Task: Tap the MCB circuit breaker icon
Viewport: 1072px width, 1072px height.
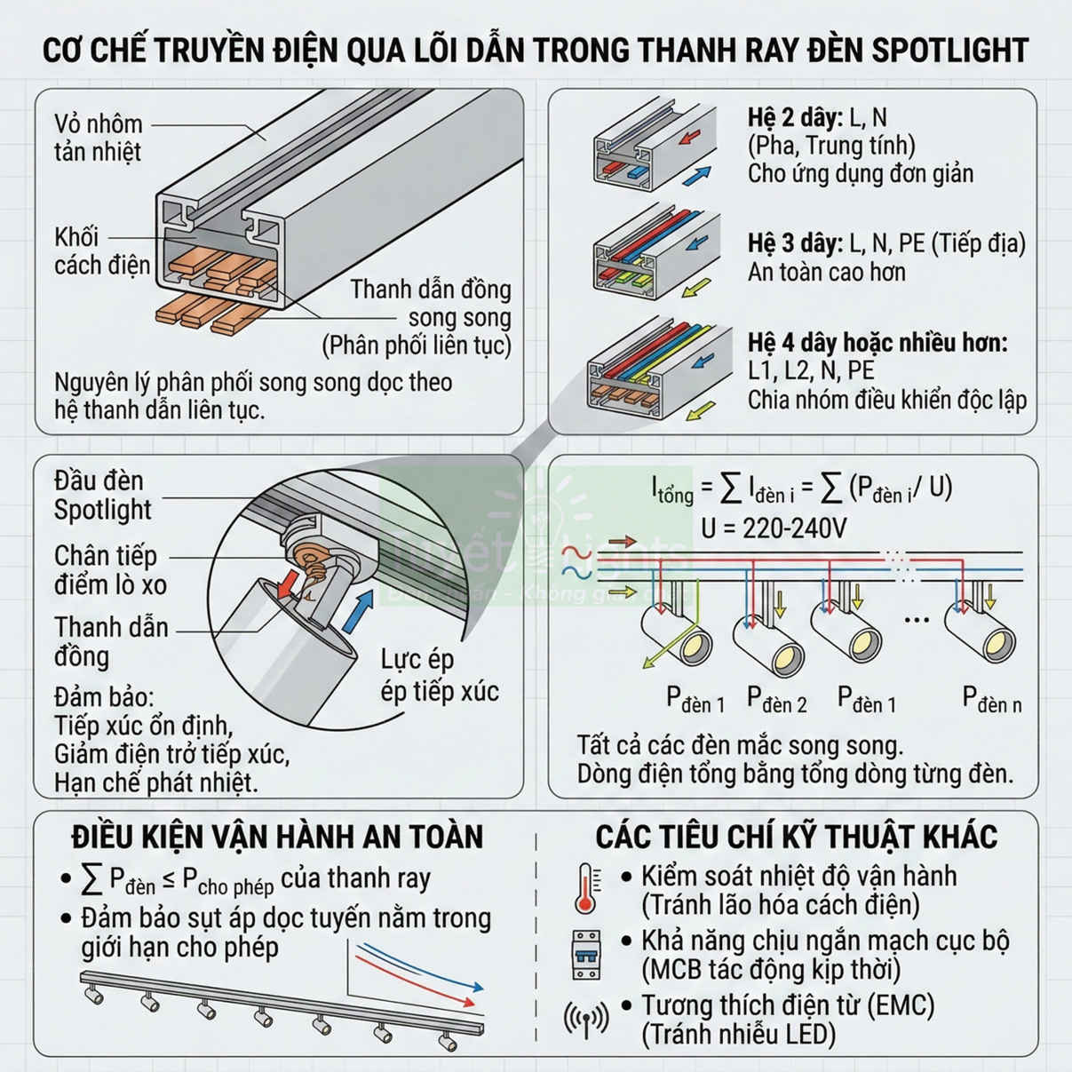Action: (x=586, y=954)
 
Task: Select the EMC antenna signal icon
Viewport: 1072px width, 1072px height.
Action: (x=586, y=1019)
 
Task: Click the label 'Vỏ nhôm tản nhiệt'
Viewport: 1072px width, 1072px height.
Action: (x=98, y=138)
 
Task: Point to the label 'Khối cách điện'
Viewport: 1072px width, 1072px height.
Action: (x=100, y=251)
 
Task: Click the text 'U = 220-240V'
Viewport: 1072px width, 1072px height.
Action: (x=774, y=528)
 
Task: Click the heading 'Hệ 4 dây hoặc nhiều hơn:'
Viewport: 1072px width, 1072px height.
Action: (x=877, y=343)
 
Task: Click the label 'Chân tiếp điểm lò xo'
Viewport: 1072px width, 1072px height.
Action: (x=109, y=570)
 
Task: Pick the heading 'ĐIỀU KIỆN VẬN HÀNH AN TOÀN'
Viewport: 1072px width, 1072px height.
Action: (x=277, y=837)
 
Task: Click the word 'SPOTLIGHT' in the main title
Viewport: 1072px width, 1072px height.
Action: (x=949, y=51)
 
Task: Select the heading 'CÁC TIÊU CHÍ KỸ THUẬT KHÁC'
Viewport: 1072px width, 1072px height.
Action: (x=796, y=837)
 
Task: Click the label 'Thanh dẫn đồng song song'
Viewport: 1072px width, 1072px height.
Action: (x=431, y=304)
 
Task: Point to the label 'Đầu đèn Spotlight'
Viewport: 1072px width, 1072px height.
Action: (x=101, y=495)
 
